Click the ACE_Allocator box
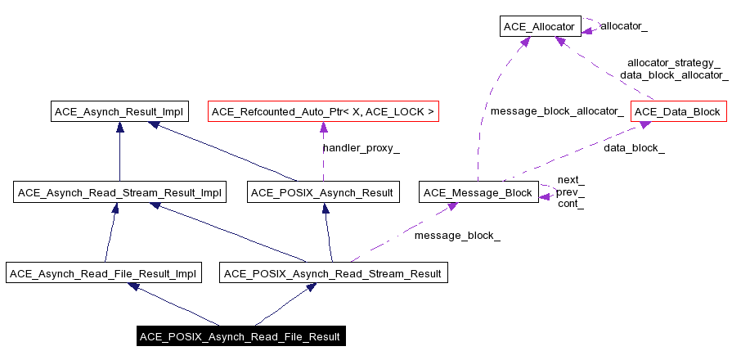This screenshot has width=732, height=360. [540, 27]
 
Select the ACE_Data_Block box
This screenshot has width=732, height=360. [678, 112]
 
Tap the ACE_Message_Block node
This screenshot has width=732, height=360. [478, 193]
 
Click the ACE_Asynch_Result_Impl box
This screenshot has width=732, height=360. [119, 112]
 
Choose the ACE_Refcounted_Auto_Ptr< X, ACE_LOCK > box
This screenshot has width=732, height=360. [324, 112]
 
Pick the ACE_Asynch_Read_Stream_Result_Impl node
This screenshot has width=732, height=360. [119, 193]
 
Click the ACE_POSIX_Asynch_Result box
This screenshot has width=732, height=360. [323, 193]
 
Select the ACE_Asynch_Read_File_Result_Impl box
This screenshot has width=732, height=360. [103, 274]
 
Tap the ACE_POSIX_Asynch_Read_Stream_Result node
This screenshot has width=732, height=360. [334, 274]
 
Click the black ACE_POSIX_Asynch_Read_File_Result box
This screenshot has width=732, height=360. [240, 337]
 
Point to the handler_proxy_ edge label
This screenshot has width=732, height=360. [361, 148]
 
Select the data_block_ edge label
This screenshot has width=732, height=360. [634, 148]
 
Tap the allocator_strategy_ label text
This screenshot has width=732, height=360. [673, 62]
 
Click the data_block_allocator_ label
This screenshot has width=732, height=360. [674, 74]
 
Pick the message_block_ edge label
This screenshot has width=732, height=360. [457, 236]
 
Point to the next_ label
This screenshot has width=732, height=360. [570, 180]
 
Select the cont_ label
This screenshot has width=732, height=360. [570, 205]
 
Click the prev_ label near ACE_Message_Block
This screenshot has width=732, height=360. [570, 192]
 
